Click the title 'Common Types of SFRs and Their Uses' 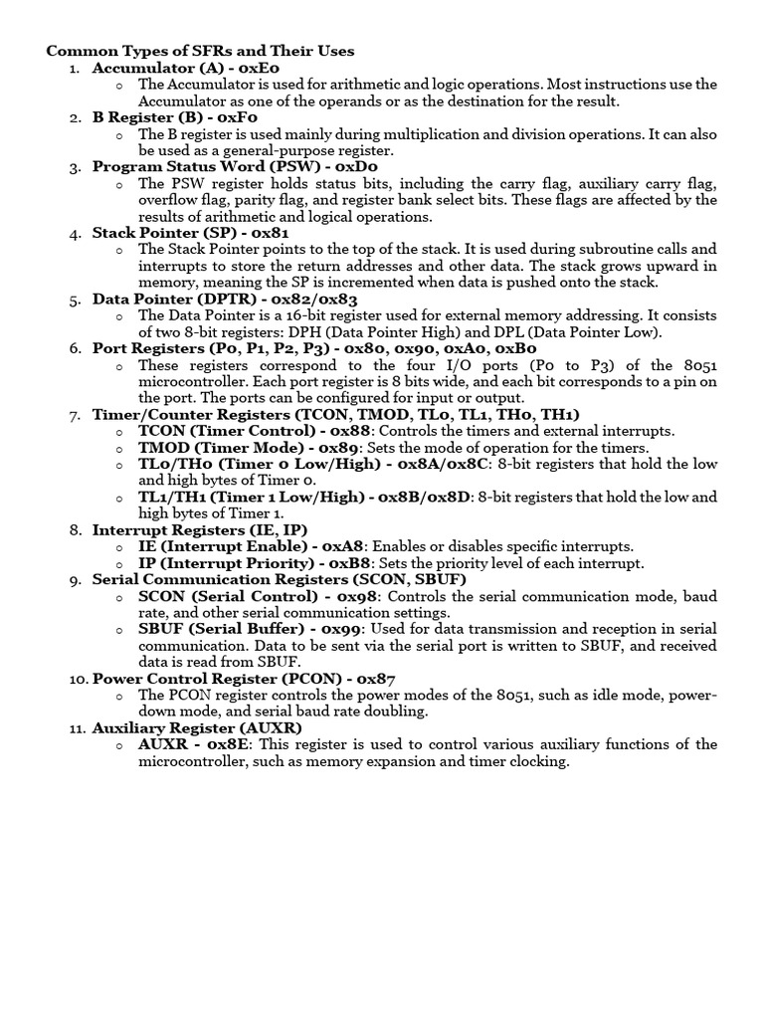[x=201, y=51]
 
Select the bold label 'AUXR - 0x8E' [x=195, y=744]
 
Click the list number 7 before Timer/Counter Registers [x=75, y=414]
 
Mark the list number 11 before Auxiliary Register [x=75, y=727]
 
